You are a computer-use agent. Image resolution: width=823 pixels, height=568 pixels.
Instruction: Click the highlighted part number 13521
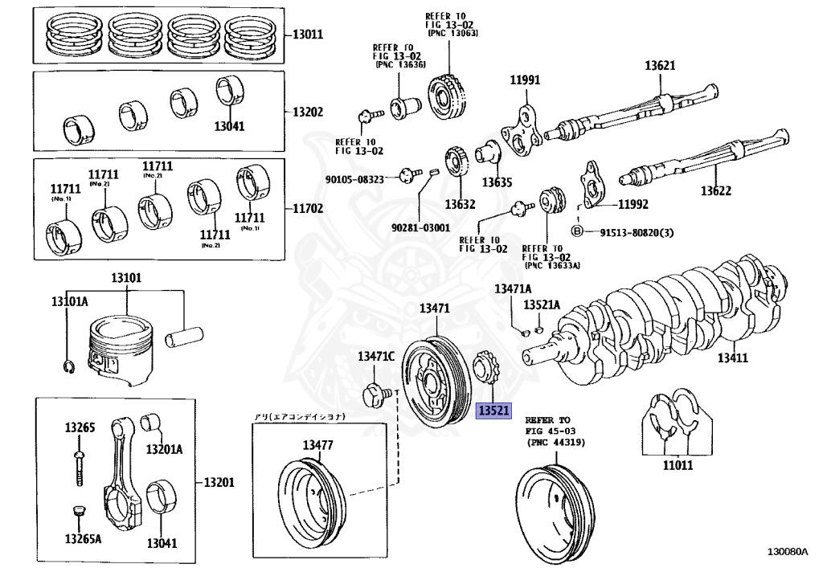pos(494,411)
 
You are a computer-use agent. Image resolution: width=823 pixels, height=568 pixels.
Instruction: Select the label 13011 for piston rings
pos(307,35)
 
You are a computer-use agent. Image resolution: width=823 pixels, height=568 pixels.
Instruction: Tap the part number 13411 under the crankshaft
pos(733,358)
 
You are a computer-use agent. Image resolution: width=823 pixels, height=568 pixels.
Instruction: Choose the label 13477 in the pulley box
pos(318,445)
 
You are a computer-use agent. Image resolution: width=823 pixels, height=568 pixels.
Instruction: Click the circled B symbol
pos(576,231)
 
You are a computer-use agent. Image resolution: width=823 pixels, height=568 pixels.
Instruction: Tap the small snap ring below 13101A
pos(70,367)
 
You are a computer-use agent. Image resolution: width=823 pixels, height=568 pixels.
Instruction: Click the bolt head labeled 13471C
pos(372,395)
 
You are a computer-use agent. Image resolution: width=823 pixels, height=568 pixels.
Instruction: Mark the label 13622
pos(715,191)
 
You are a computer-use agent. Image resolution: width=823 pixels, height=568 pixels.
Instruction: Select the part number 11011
pos(677,464)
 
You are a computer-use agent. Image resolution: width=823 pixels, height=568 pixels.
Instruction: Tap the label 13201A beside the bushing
pos(164,448)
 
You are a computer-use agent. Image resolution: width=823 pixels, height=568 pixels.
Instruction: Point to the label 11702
pos(307,207)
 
